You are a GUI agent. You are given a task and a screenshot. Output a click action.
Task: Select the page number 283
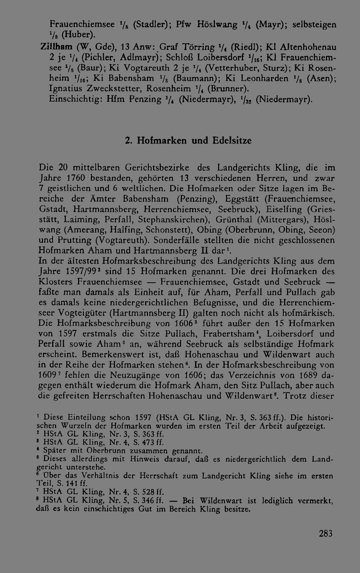pyautogui.click(x=325, y=533)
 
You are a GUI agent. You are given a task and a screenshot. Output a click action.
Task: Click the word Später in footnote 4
pyautogui.click(x=54, y=451)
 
